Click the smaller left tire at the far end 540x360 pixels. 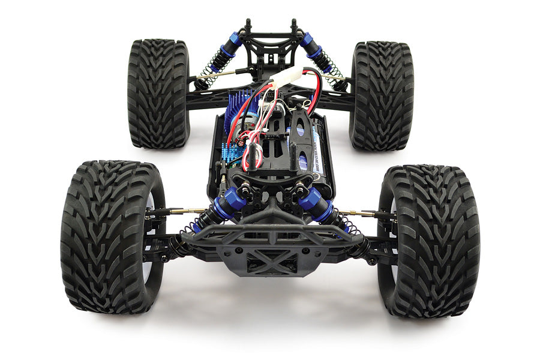tap(158, 93)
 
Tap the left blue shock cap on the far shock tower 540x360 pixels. tap(233, 42)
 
